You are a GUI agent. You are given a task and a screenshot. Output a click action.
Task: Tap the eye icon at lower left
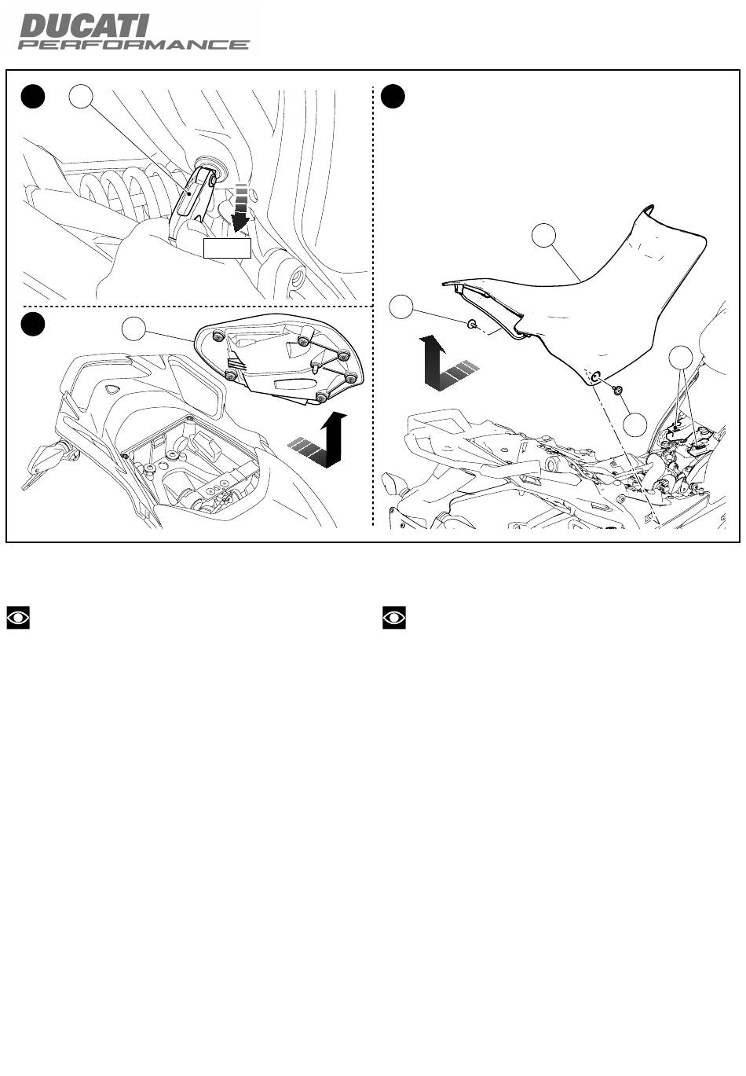pos(18,617)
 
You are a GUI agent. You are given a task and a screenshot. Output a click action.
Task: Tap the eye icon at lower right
pos(394,617)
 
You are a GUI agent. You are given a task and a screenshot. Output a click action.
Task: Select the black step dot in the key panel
pos(33,97)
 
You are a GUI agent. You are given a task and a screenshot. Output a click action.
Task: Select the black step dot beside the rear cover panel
pos(33,325)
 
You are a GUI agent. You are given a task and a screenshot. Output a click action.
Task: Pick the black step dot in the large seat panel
pos(393,97)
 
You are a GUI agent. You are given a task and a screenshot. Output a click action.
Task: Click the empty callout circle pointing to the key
pos(81,97)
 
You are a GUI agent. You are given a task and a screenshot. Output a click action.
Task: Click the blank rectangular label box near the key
pos(227,248)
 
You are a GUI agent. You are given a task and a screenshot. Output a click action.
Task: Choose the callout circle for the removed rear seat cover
pos(134,329)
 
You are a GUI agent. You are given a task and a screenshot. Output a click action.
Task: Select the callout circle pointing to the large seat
pos(544,235)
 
